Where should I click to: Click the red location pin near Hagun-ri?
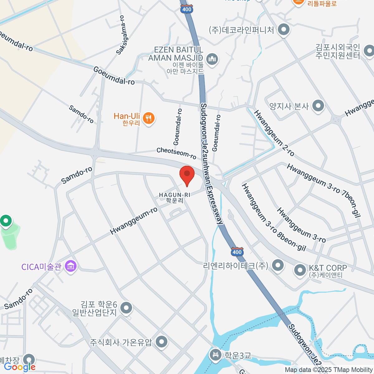pos(187,175)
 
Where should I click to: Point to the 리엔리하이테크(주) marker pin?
pos(278,266)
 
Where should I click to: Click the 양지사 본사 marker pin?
pos(318,106)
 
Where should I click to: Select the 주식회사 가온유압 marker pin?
pos(161,342)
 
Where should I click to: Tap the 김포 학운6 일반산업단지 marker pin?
pos(126,308)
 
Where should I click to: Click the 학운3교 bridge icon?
pos(215,355)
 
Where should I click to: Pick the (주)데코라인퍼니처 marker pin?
pos(284,30)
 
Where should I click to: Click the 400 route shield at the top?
pos(186,9)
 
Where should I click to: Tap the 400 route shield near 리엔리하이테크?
pos(237,252)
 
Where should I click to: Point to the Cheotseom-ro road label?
pos(176,153)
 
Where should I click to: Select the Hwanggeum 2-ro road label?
pos(274,133)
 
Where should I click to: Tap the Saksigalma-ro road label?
pos(121,35)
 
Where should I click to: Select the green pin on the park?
pos(6,221)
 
